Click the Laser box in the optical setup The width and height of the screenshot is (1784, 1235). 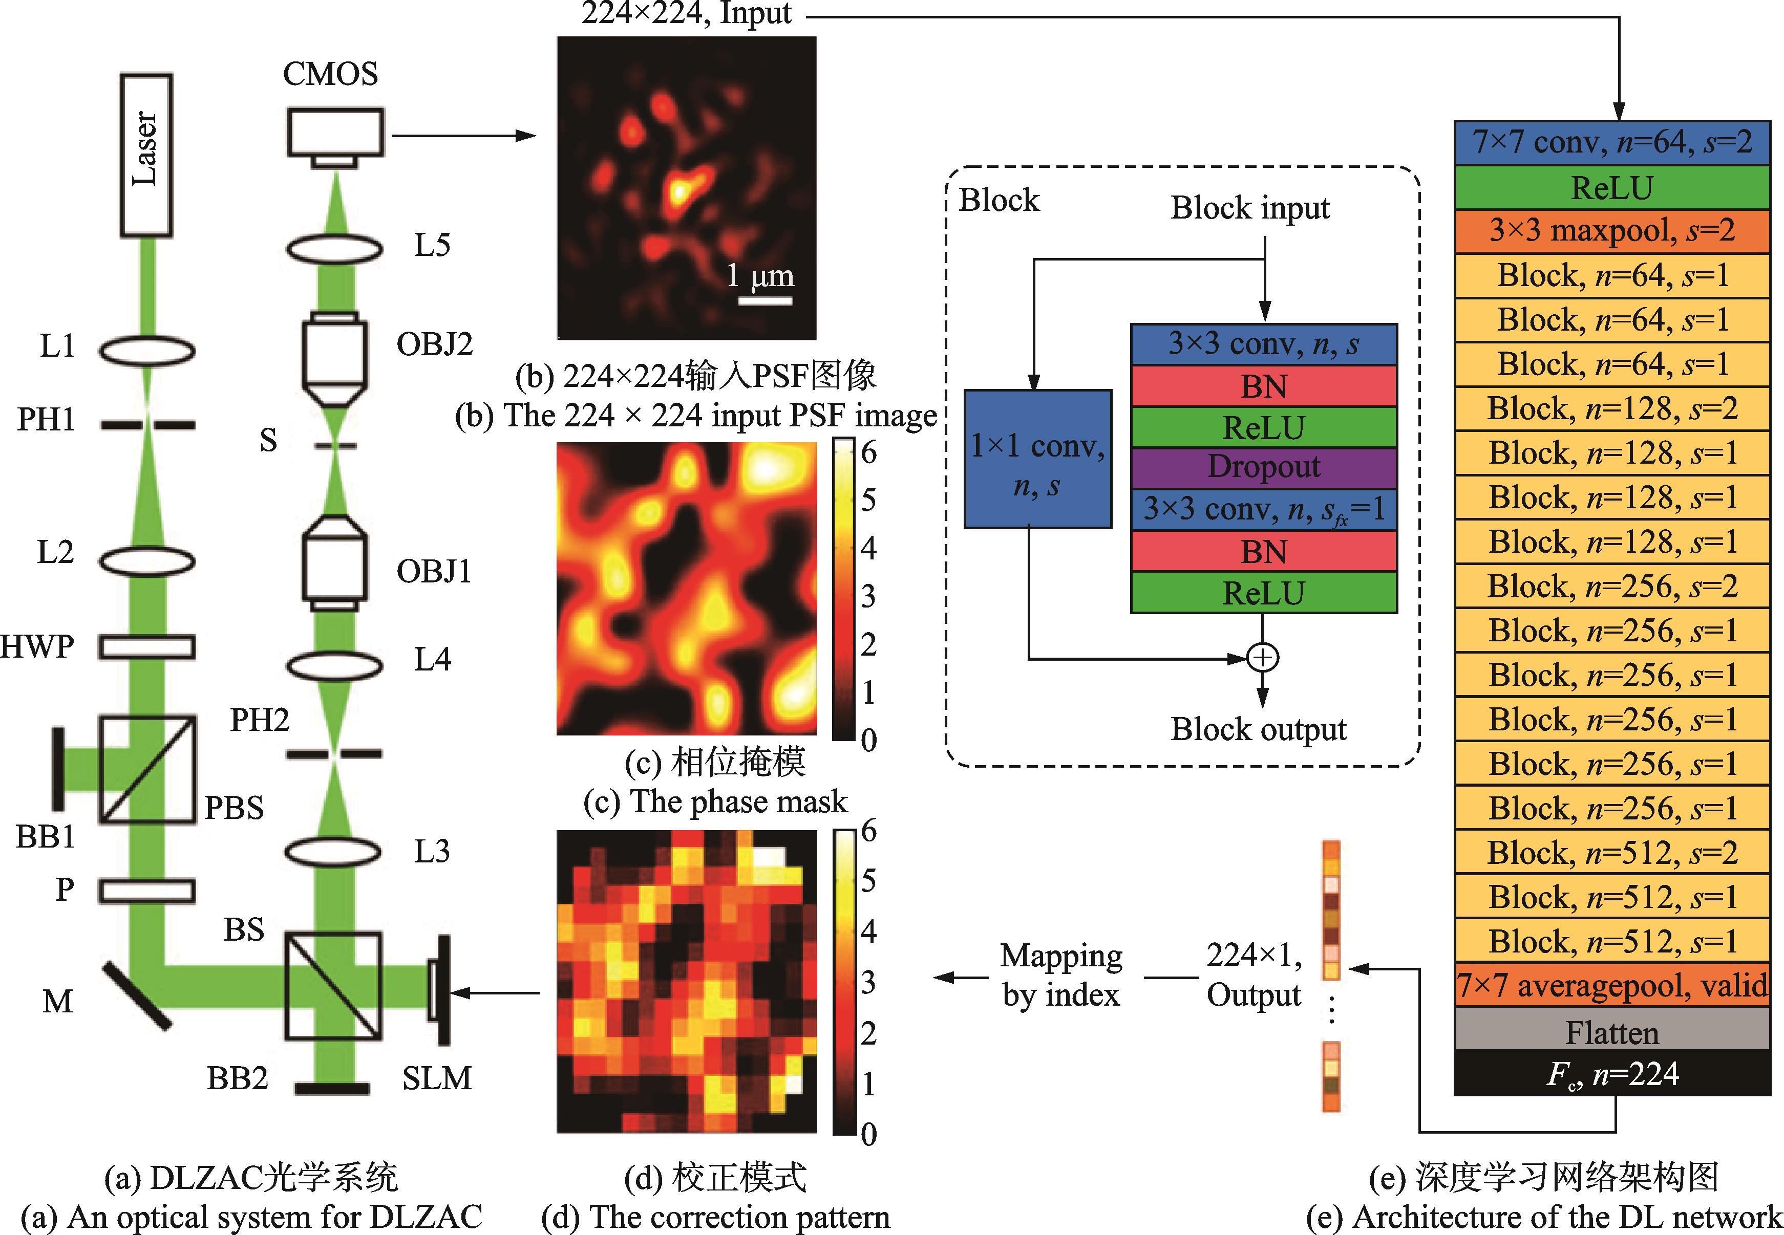[146, 155]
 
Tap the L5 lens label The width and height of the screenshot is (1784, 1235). [432, 245]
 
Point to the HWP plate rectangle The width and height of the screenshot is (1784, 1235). [146, 646]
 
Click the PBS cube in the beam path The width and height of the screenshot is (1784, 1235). [147, 769]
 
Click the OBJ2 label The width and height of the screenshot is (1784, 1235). [434, 343]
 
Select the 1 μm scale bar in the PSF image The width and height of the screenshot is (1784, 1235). [764, 300]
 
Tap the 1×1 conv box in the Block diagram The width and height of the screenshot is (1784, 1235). [1037, 460]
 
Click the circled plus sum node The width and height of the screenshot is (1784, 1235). [1262, 658]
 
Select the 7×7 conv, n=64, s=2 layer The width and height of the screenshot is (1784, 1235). [1611, 142]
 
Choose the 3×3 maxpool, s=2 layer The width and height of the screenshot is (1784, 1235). [1611, 231]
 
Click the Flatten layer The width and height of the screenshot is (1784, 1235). [1611, 1032]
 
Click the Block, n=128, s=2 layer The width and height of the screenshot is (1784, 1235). [1611, 408]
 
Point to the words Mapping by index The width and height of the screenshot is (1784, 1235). [1060, 975]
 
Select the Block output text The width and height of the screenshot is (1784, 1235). [1258, 729]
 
